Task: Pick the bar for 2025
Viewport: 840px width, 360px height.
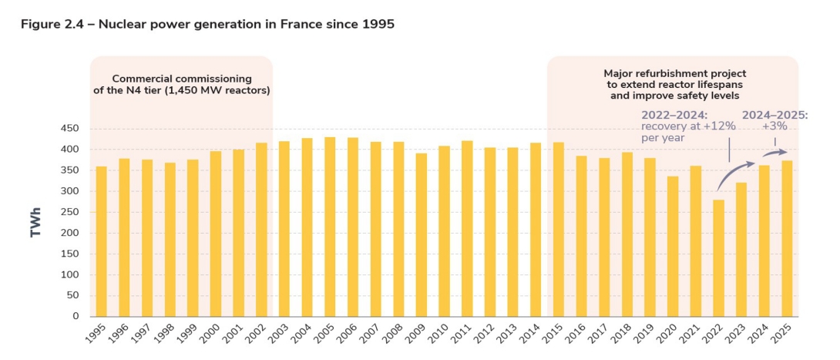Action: click(788, 238)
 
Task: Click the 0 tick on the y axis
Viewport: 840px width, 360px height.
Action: click(75, 316)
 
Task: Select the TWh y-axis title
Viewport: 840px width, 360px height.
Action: click(35, 222)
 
